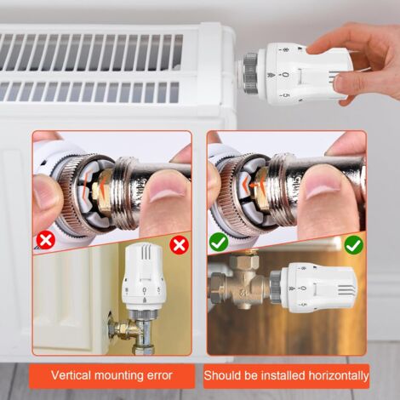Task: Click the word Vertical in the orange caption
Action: [x=71, y=375]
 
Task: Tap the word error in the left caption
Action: [x=160, y=375]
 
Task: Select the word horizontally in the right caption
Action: [x=338, y=375]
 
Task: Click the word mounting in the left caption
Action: [x=119, y=376]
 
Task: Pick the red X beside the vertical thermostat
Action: [x=179, y=245]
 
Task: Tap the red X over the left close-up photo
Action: [x=46, y=240]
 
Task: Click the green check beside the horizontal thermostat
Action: [x=354, y=245]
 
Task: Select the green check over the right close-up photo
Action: [x=219, y=242]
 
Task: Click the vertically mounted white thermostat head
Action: [x=143, y=277]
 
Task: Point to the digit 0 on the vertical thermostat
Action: [x=145, y=290]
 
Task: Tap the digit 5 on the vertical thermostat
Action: [x=158, y=289]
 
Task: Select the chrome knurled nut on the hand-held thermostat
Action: [x=249, y=73]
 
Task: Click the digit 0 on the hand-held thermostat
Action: [x=285, y=75]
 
